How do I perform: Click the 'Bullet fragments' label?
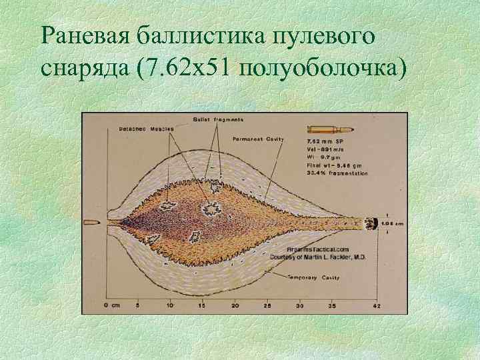[x=218, y=119]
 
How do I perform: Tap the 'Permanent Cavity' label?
[x=259, y=139]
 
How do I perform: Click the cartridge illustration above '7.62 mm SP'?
[x=325, y=129]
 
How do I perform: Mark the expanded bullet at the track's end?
[x=372, y=223]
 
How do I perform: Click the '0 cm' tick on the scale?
[x=111, y=305]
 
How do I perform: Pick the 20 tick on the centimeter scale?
[x=235, y=305]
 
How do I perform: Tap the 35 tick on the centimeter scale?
[x=332, y=305]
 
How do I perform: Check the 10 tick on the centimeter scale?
[x=170, y=305]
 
